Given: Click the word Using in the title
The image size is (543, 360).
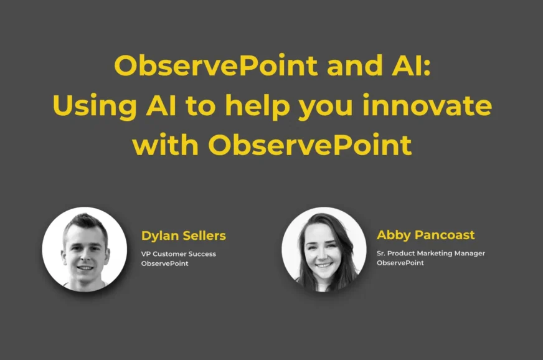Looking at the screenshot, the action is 95,107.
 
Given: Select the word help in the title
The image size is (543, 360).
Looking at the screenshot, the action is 257,106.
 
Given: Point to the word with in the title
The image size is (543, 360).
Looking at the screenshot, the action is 165,144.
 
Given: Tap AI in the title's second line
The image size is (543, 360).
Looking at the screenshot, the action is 161,106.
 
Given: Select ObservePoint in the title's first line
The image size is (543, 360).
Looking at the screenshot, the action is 215,65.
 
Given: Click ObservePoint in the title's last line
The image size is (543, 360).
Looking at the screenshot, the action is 310,144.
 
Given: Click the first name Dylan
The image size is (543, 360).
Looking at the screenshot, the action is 160,236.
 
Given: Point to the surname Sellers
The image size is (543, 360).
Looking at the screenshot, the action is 204,235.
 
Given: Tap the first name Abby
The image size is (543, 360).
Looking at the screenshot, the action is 394,235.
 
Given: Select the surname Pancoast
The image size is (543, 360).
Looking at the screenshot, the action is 445,235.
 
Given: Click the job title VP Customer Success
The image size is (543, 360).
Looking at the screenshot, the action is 178,254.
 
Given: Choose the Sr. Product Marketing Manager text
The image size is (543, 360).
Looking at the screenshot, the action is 431,253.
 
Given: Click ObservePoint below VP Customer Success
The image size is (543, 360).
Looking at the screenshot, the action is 164,263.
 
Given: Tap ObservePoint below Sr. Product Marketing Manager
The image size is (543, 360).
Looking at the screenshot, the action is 400,263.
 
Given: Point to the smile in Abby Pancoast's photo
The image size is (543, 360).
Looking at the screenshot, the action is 324,265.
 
